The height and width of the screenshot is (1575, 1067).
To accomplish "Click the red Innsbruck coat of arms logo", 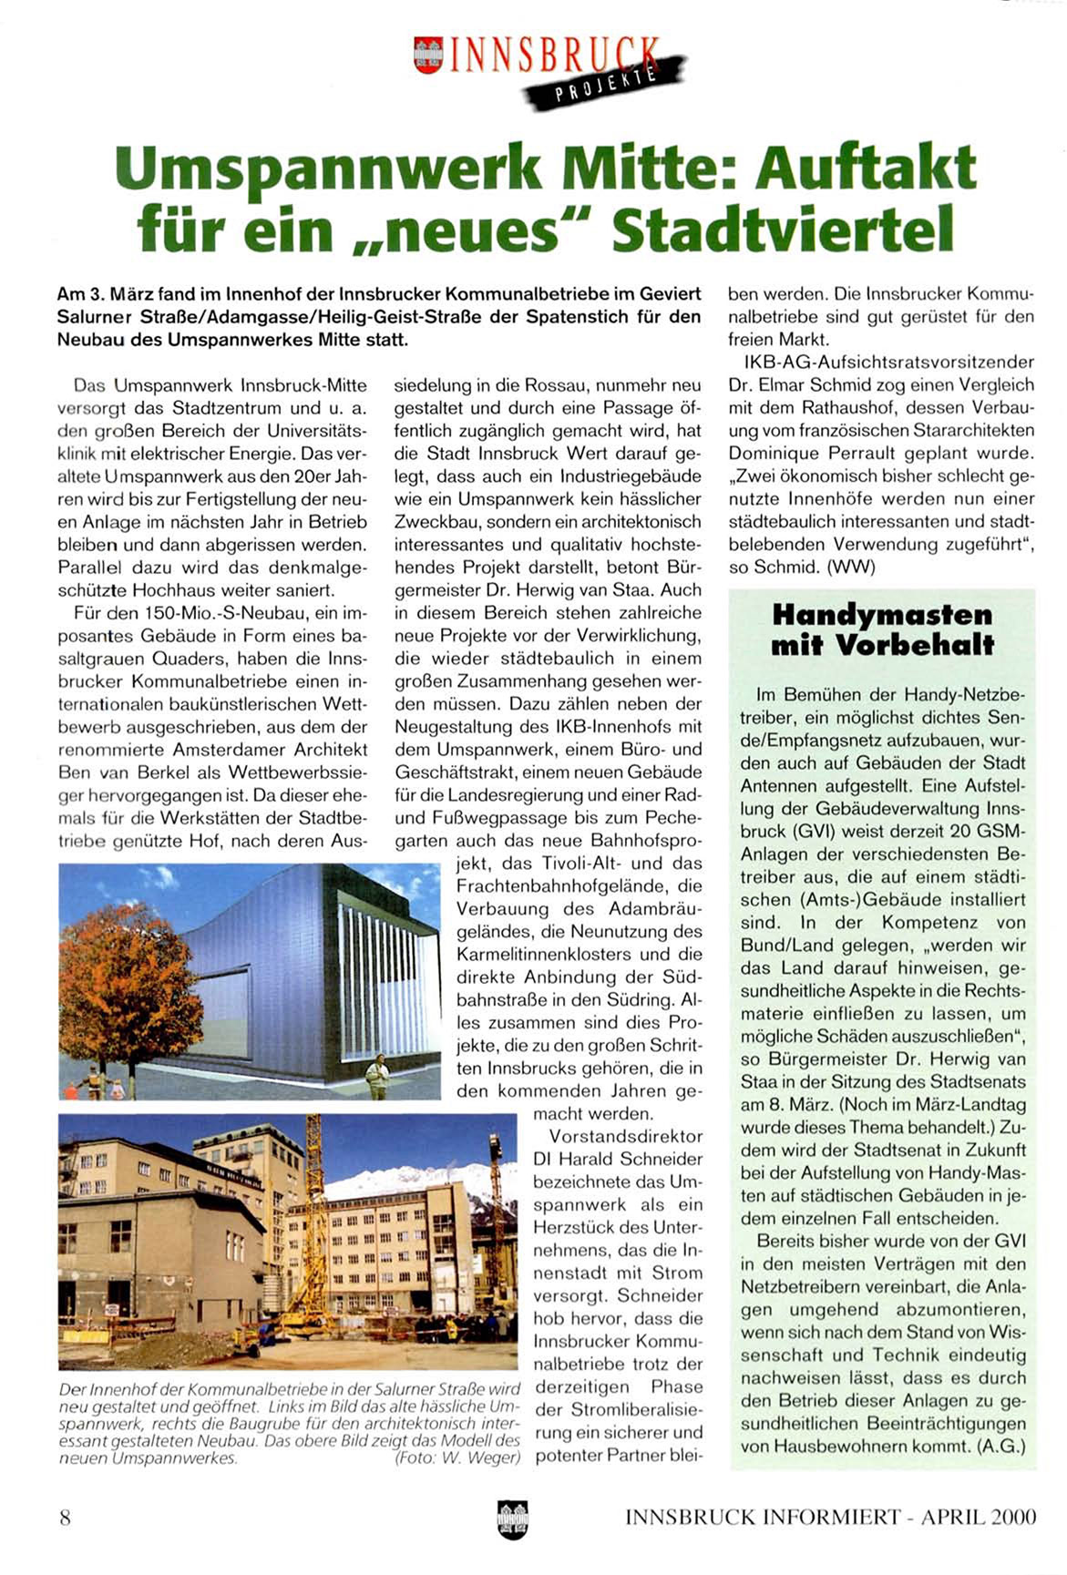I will pyautogui.click(x=427, y=55).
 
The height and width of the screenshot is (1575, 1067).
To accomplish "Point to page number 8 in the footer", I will pyautogui.click(x=65, y=1517).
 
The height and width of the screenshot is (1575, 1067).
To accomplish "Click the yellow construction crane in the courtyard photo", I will pyautogui.click(x=312, y=1212).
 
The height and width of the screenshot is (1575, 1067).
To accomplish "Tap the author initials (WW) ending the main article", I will pyautogui.click(x=848, y=567).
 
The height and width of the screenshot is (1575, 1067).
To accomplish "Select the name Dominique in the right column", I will pyautogui.click(x=772, y=453).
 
